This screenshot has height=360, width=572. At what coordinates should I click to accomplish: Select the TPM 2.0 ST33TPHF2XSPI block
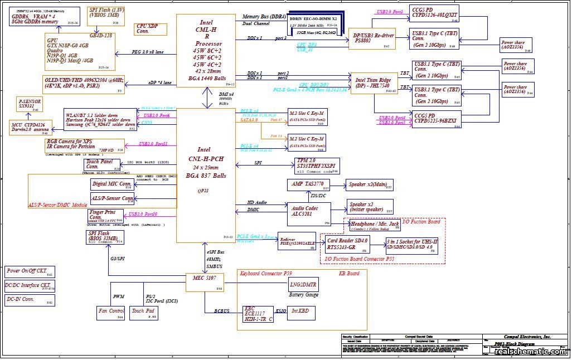317,165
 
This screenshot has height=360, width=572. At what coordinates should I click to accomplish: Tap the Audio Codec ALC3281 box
308,213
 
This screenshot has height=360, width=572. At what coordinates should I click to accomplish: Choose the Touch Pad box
144,313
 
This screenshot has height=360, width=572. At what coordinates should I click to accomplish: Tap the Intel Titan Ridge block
373,82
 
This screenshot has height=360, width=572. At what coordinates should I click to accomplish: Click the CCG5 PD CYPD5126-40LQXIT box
434,14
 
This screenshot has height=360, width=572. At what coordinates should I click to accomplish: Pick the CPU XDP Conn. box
147,29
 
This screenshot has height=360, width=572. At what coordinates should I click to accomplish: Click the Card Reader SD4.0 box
348,244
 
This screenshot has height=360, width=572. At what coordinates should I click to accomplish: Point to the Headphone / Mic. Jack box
375,225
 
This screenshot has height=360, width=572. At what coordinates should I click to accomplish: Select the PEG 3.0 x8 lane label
147,52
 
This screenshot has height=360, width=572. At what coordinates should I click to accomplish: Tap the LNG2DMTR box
303,285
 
